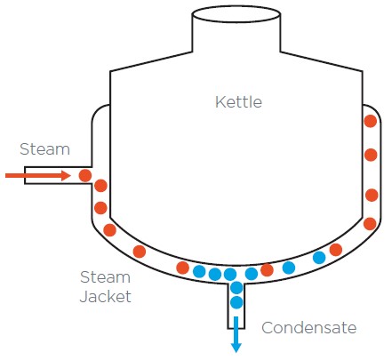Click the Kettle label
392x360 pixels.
pos(238,102)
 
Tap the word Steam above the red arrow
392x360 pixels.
pos(44,149)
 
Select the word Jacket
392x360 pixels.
pos(106,297)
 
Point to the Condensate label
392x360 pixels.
pos(309,328)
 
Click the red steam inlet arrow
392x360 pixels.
pos(38,176)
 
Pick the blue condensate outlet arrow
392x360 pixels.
pos(236,334)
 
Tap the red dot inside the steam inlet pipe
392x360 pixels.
pos(85,176)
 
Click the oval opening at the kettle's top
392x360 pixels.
pos(236,14)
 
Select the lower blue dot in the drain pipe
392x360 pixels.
pos(236,302)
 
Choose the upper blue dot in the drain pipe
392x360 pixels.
pos(236,287)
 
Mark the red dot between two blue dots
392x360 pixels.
pos(267,270)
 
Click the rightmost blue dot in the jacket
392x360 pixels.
pos(319,258)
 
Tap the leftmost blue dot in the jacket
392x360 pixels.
pos(199,271)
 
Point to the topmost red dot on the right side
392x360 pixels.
pos(371,121)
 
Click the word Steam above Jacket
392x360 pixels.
pos(105,277)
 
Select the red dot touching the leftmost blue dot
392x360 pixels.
pos(182,268)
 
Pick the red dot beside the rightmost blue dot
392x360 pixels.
pos(336,250)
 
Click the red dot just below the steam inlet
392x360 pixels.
pos(100,186)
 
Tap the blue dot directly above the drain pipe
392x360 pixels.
pos(230,274)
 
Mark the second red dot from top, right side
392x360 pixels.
pos(371,155)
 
